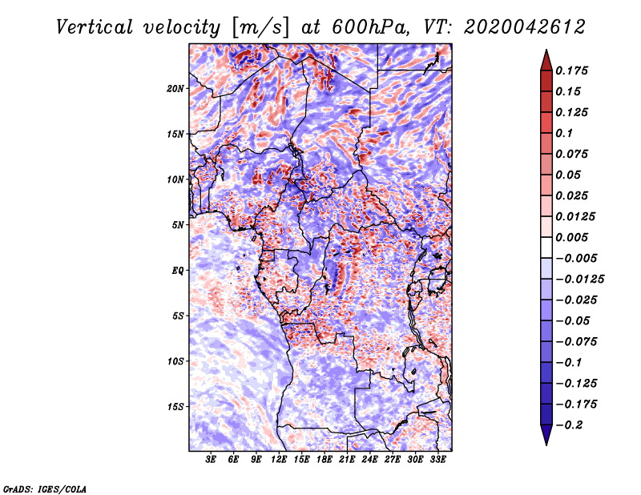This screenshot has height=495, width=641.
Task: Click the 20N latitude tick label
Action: click(x=176, y=88)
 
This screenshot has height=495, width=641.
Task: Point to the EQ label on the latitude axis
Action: click(x=178, y=271)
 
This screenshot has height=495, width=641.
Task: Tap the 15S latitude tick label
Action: click(x=176, y=407)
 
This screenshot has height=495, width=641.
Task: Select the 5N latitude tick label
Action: click(x=179, y=225)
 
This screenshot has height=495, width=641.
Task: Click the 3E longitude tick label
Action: click(x=212, y=461)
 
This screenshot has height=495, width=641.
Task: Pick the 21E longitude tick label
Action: click(x=347, y=461)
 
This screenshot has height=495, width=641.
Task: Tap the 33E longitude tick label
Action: click(x=437, y=461)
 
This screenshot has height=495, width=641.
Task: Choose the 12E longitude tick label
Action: click(x=280, y=461)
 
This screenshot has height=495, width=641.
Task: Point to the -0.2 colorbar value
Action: click(x=576, y=425)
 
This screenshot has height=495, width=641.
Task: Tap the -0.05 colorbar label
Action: click(x=576, y=320)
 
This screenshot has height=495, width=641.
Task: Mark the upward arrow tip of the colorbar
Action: click(x=546, y=51)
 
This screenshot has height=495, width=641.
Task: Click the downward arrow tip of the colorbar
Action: click(x=546, y=443)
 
